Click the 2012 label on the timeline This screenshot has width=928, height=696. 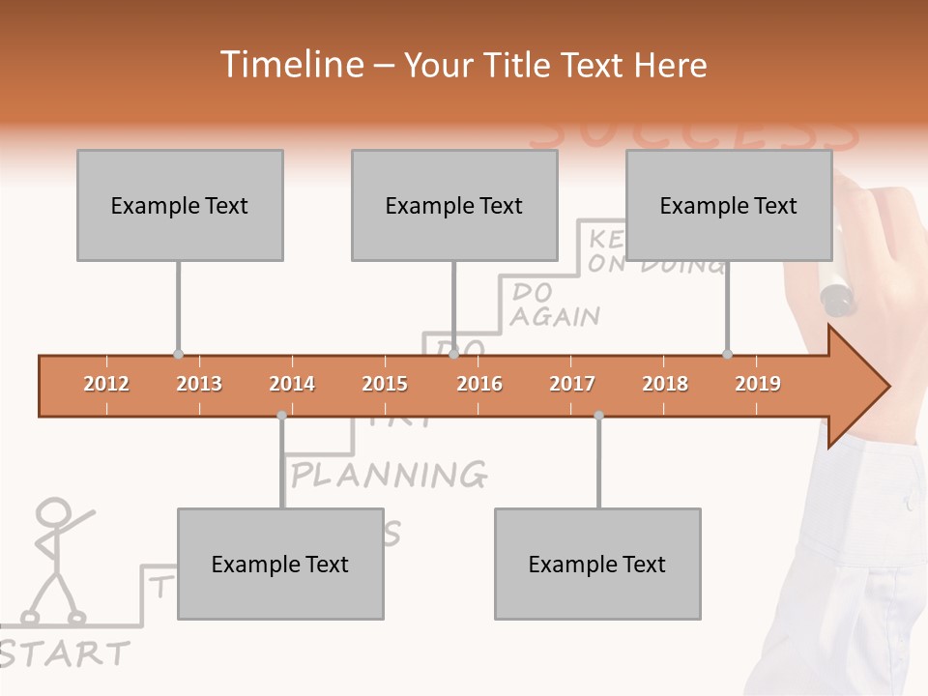106,384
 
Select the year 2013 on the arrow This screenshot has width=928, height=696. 199,384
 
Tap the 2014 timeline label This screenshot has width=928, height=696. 292,384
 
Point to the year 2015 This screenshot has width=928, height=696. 385,384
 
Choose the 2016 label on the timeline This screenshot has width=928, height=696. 479,384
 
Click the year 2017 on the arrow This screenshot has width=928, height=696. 572,384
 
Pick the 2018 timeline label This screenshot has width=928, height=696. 665,384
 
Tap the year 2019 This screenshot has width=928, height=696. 758,384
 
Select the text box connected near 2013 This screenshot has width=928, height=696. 180,205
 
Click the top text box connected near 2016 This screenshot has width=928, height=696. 454,205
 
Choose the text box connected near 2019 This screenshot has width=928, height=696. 729,205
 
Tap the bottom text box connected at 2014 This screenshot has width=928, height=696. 280,564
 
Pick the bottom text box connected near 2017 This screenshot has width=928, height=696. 597,564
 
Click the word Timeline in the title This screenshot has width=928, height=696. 289,65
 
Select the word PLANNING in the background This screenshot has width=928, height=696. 390,475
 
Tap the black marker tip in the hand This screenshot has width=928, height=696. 837,299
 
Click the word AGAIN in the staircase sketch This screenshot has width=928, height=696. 555,316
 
